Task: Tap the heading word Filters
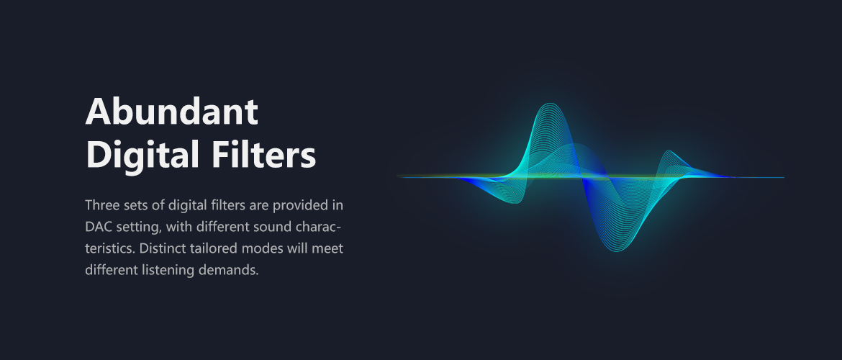tap(263, 155)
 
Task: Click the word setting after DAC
tap(137, 228)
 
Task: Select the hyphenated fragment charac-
tap(318, 227)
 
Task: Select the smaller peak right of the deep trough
tap(669, 152)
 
